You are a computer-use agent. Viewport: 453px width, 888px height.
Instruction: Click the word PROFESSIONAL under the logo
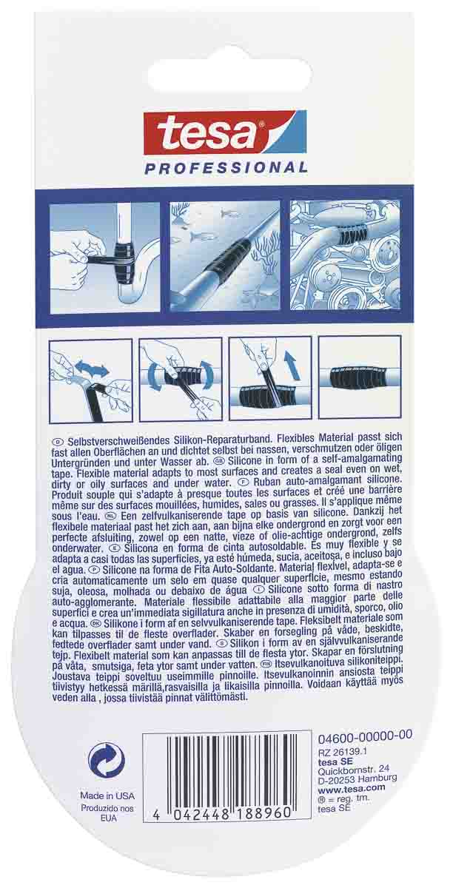(x=226, y=167)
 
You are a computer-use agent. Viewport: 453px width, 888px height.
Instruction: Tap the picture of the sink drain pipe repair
(x=104, y=257)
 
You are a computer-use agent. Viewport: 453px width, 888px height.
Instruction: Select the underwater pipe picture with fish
(x=224, y=256)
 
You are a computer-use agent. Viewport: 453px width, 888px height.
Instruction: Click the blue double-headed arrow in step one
(x=93, y=370)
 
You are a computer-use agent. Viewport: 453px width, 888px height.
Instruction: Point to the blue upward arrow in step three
(x=292, y=366)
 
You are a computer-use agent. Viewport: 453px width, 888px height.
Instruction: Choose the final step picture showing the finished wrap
(x=360, y=377)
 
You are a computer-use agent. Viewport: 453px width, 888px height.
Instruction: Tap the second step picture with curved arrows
(x=181, y=380)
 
